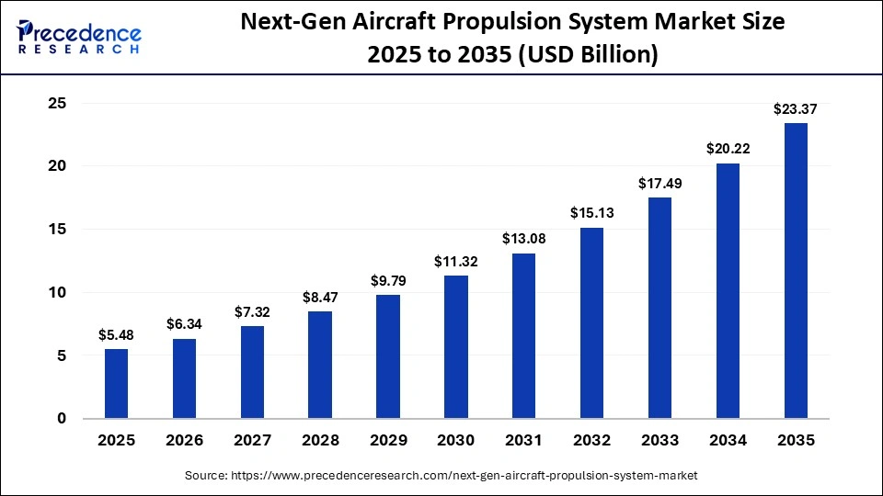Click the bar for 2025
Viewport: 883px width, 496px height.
point(116,384)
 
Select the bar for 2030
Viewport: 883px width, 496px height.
point(456,347)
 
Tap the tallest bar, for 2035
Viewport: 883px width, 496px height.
point(796,271)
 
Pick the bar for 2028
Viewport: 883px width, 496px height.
point(320,365)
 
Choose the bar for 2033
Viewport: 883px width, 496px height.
point(659,308)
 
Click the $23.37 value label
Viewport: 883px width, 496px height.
point(796,109)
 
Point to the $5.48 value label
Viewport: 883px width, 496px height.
point(116,335)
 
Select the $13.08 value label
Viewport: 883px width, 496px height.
point(523,239)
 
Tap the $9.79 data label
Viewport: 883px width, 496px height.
point(388,281)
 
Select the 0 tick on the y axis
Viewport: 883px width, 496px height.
point(62,419)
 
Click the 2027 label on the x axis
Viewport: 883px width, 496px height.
point(252,441)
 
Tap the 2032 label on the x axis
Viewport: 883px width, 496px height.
point(591,441)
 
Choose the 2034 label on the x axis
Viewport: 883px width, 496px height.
point(728,441)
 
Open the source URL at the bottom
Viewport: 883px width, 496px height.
point(441,476)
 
